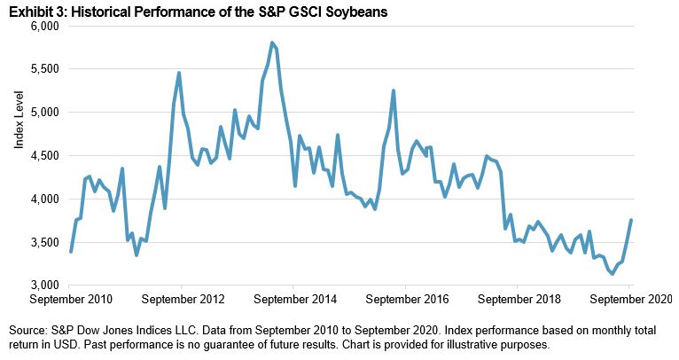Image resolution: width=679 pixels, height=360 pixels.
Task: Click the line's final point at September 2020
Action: (630, 221)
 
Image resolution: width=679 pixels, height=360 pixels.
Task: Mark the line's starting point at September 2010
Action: (70, 252)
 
